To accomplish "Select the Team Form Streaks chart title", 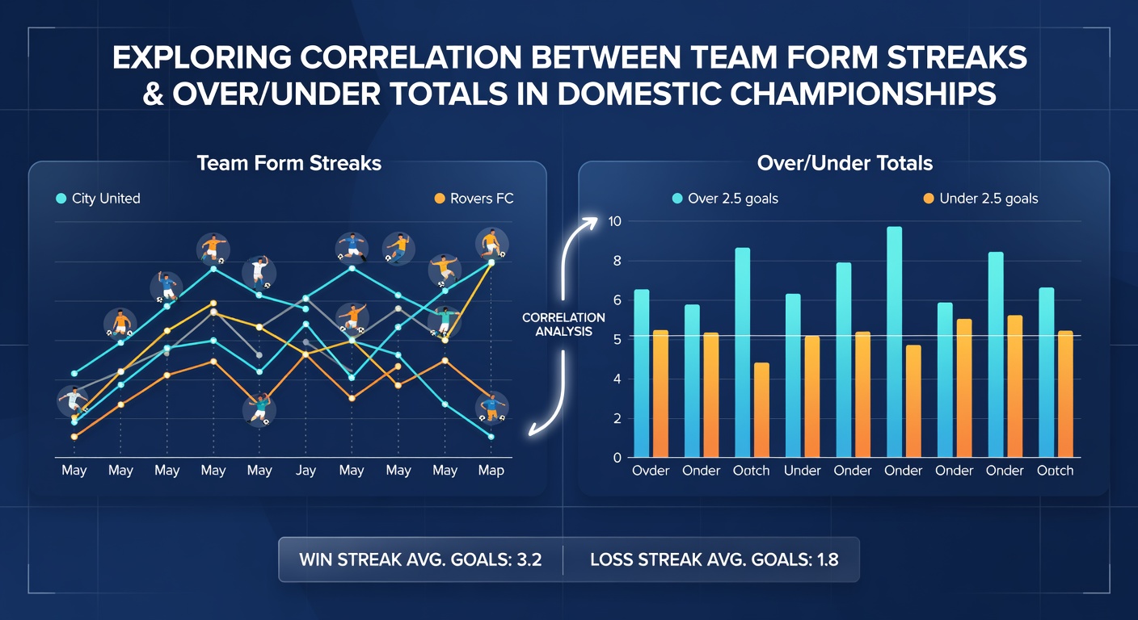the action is tap(289, 163).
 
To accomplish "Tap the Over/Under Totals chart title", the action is tap(845, 163).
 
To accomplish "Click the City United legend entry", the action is tap(98, 199).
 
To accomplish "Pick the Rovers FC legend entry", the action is tap(474, 199).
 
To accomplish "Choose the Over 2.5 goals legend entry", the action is tap(725, 199).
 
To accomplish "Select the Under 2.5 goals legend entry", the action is tap(980, 199).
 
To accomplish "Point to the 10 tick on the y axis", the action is tap(615, 221).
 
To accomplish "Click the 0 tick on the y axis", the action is tap(617, 458).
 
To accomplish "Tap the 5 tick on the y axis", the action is tap(617, 339).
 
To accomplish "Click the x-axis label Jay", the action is tap(306, 471).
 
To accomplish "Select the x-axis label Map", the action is tap(491, 471).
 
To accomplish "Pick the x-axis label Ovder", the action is tap(651, 471).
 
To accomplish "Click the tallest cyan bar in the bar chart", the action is tap(894, 342).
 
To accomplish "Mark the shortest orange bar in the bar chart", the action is tap(761, 410).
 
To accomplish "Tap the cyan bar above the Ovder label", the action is tap(642, 374).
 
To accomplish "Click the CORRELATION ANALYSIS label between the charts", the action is tap(563, 325).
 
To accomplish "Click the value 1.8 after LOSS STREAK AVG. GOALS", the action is tap(828, 559).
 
